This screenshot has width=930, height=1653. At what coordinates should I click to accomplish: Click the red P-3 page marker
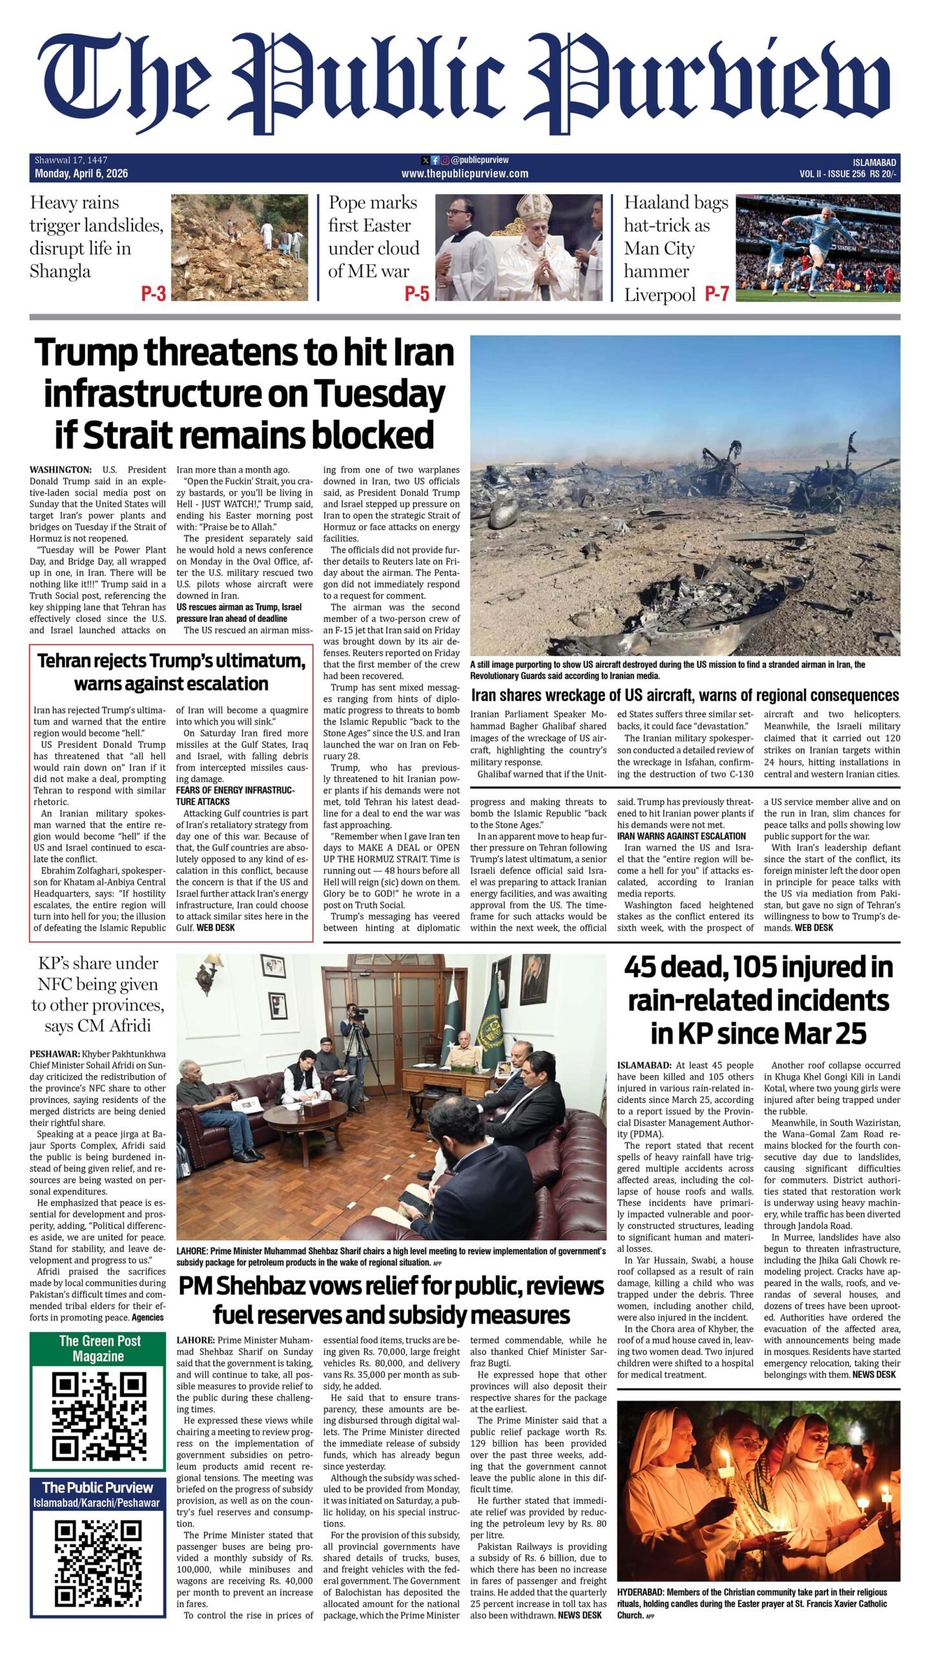tap(154, 294)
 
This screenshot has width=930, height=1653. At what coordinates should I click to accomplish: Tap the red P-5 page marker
tap(417, 294)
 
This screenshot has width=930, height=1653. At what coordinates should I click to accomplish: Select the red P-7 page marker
tap(716, 294)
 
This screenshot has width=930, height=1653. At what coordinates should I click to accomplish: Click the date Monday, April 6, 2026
tap(81, 174)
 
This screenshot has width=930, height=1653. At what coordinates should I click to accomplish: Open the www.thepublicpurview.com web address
tap(464, 174)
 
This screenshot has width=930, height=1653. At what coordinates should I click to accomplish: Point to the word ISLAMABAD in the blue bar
tap(874, 162)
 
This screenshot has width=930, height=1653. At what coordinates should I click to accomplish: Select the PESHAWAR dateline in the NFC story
tap(54, 1053)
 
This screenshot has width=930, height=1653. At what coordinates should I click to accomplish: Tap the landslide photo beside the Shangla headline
tap(243, 247)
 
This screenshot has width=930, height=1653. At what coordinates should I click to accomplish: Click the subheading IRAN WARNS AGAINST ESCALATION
tap(681, 836)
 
